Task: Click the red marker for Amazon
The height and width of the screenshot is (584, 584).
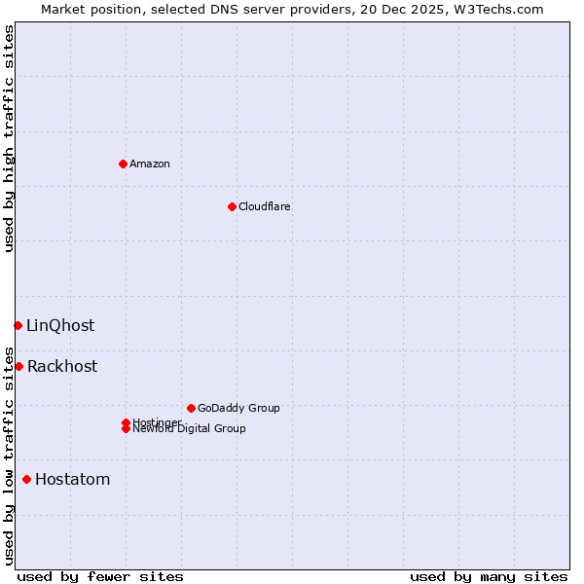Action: pos(123,164)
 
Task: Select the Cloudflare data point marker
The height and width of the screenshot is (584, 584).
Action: pos(232,206)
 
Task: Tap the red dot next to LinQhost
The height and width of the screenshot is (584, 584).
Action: pos(18,325)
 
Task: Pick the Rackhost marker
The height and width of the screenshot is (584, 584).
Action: pos(18,366)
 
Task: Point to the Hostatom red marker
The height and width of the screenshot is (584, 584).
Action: pos(26,479)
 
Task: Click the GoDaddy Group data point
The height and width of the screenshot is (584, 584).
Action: pos(191,408)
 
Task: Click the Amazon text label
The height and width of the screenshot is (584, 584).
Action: pos(150,164)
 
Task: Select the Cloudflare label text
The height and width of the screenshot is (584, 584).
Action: pos(264,206)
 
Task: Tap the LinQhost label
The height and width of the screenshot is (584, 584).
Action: pos(60,325)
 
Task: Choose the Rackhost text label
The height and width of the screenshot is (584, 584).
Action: pos(62,366)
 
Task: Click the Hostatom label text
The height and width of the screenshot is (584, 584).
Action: pos(72,479)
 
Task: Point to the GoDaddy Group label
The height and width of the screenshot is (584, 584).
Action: pos(238,408)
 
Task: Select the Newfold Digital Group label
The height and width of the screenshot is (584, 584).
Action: pos(190,429)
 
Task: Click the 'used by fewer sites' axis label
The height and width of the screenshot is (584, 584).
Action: pos(100,576)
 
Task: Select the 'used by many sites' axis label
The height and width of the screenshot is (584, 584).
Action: pos(489,576)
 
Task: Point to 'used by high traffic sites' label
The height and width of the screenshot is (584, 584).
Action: pos(9,138)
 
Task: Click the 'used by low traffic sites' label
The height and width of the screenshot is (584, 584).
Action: pos(9,456)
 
